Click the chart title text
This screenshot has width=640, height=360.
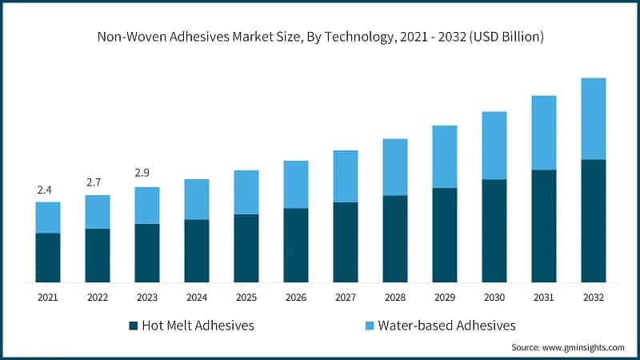(x=320, y=37)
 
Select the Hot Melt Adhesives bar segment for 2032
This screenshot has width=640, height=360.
(x=593, y=221)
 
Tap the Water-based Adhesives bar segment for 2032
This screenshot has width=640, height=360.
(x=593, y=118)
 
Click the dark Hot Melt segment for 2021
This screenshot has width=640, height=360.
(x=48, y=258)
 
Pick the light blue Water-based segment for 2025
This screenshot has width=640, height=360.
(x=246, y=192)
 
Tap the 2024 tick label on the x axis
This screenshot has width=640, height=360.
(x=196, y=298)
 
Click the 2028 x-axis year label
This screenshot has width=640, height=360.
(x=394, y=298)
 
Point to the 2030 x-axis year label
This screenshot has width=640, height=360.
(x=494, y=298)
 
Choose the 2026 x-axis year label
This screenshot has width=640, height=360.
(x=295, y=298)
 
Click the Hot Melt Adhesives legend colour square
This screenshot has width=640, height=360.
(x=133, y=326)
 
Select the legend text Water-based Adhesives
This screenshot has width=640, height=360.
(x=446, y=326)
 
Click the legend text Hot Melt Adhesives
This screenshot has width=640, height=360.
(x=198, y=326)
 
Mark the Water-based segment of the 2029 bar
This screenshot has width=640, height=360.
(x=444, y=157)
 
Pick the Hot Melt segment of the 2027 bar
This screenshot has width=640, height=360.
(x=345, y=242)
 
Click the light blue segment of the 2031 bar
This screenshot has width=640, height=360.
(x=543, y=133)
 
